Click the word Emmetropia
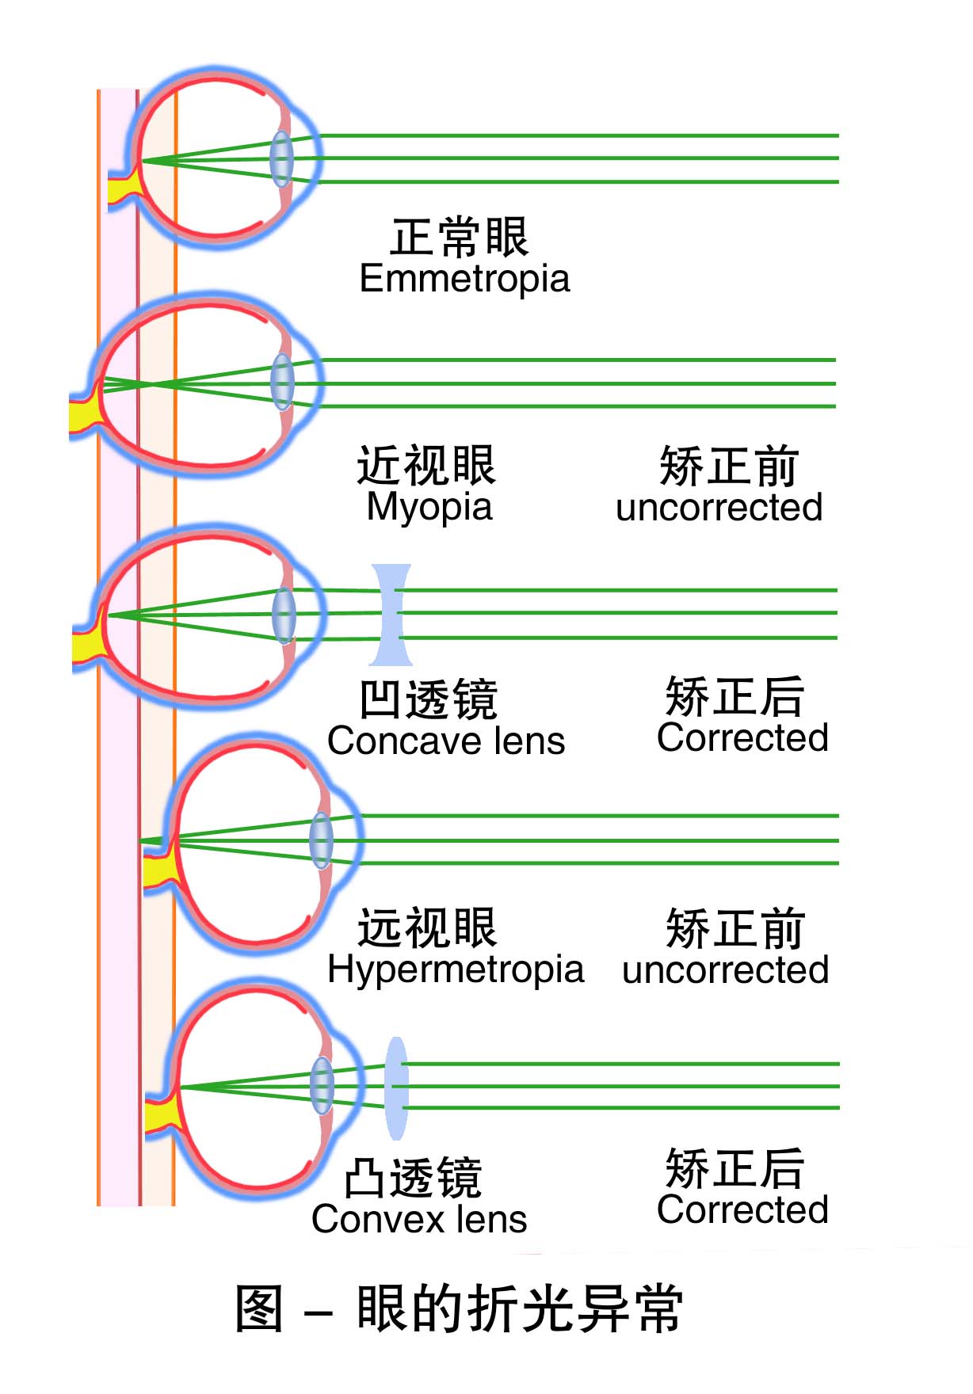(464, 279)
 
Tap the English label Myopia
(429, 507)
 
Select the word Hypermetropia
(456, 969)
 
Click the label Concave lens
(446, 741)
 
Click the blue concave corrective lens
(391, 615)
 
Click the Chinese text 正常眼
(459, 237)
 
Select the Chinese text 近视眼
(425, 465)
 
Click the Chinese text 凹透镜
(428, 699)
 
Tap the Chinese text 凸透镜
(413, 1178)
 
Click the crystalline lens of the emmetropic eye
(281, 158)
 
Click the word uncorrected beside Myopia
(719, 508)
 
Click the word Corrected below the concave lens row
(742, 738)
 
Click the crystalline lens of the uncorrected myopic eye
(282, 383)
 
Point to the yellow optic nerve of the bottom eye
(162, 1117)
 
